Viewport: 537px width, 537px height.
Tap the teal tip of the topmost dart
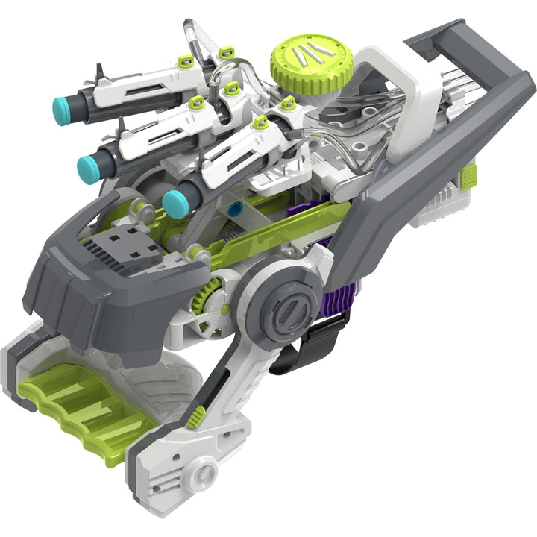63,111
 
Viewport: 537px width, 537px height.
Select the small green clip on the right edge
468,176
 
